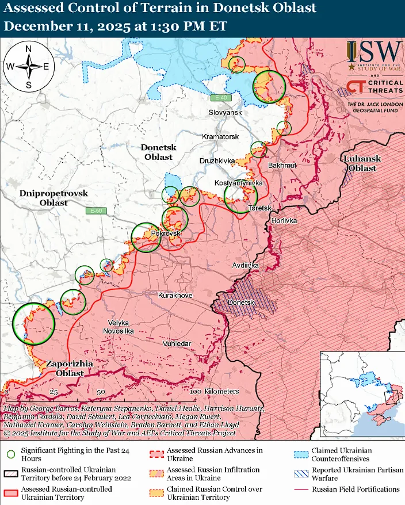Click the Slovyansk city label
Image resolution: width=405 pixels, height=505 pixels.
225,113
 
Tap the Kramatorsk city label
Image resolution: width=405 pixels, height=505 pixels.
220,137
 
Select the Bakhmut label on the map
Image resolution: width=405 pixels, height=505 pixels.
282,166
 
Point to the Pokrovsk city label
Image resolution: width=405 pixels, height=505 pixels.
166,234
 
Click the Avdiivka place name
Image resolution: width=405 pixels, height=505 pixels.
246,266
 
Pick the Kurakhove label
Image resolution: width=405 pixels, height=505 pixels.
175,295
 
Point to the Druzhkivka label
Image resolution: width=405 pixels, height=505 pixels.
217,160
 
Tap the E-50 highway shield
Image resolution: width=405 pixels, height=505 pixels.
96,211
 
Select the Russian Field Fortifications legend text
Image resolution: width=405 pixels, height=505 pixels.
356,489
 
